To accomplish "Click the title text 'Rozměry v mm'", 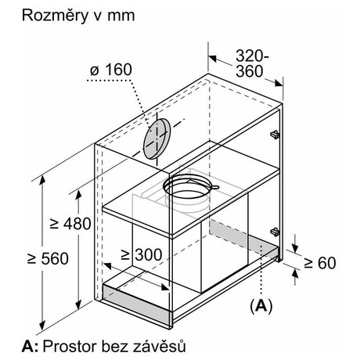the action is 78,16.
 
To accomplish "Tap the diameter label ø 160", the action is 111,70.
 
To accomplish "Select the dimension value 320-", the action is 252,56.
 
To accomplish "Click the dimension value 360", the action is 250,71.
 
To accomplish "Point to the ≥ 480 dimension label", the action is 70,224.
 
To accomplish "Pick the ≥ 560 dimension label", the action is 48,259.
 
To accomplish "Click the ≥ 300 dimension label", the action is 142,254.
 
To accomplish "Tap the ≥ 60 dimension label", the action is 320,263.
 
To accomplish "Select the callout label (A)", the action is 261,306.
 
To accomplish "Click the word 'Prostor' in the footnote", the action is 70,347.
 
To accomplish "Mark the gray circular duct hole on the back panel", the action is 157,139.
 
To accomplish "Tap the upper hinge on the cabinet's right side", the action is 275,135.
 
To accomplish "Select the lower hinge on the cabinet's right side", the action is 275,232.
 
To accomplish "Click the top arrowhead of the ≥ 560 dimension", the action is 42,181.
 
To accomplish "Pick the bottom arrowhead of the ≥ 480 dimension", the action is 78,304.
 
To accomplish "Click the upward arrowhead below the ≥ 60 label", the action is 295,274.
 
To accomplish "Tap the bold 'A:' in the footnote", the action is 30,347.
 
